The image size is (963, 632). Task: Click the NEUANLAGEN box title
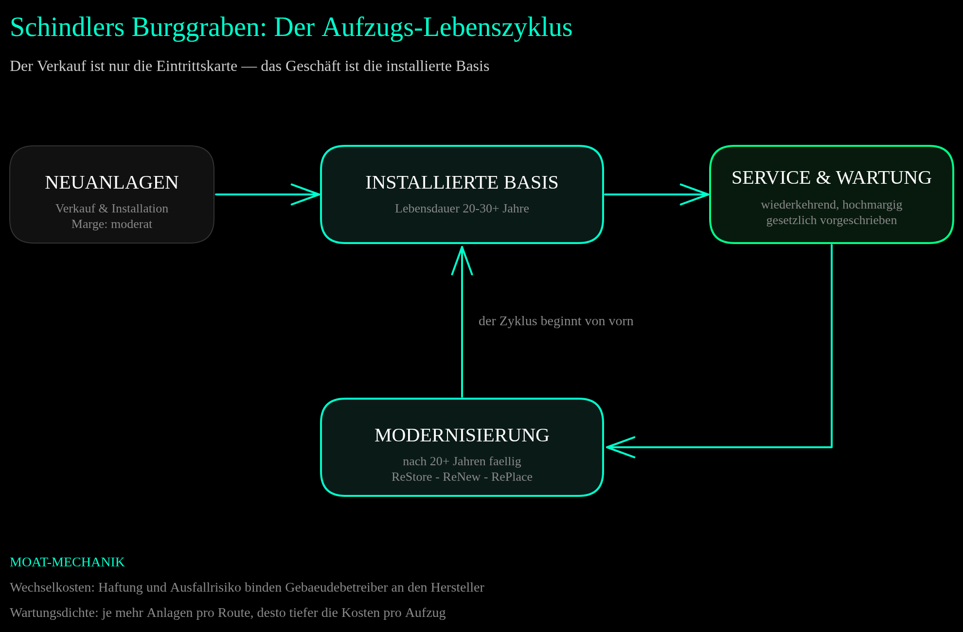click(x=112, y=182)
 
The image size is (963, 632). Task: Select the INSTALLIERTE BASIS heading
click(x=462, y=182)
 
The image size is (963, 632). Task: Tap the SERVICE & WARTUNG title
click(x=832, y=177)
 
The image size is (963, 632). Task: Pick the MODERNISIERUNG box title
click(x=462, y=435)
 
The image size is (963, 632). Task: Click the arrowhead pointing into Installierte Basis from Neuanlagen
click(x=306, y=194)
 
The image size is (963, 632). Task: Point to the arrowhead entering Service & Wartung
click(x=695, y=194)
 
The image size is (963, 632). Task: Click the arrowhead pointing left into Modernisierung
click(x=620, y=447)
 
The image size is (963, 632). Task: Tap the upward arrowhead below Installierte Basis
click(x=462, y=260)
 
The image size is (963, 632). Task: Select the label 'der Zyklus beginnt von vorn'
click(x=556, y=321)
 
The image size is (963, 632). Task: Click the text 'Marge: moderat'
click(x=112, y=224)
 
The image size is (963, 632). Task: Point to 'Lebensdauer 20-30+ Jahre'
click(x=462, y=209)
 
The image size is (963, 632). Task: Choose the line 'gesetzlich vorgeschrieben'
click(x=832, y=220)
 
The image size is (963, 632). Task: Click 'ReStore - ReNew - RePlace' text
click(x=462, y=477)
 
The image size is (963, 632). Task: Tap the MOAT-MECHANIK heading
click(x=67, y=562)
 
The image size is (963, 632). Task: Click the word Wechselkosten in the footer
click(x=52, y=587)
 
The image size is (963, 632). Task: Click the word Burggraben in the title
click(x=199, y=28)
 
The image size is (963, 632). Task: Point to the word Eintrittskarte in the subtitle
click(x=196, y=66)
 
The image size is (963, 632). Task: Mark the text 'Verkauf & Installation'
click(x=112, y=209)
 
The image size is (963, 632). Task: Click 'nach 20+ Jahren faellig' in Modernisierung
click(x=462, y=461)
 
